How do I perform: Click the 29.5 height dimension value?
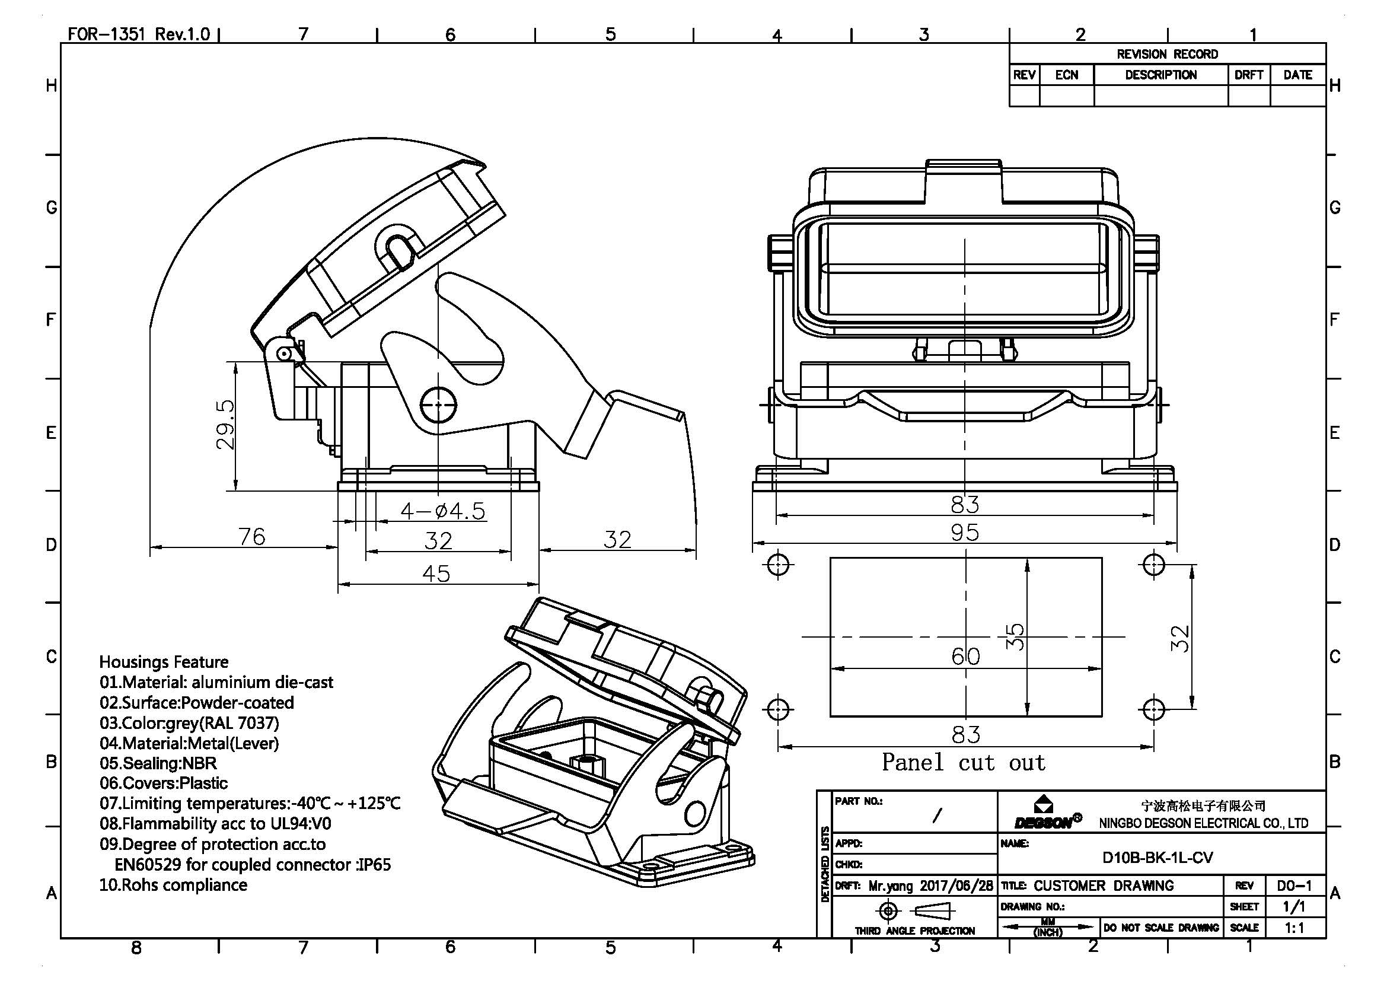(225, 424)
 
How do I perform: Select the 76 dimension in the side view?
(251, 536)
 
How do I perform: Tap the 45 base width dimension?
(436, 574)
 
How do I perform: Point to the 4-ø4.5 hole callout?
(443, 511)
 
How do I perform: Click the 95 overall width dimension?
(964, 532)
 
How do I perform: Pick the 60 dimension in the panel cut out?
(965, 656)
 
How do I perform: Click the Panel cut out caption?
(964, 762)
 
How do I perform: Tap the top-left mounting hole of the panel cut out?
(778, 565)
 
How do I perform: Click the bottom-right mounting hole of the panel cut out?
(1153, 709)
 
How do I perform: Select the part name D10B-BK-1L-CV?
(1158, 858)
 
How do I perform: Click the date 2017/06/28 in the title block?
(956, 886)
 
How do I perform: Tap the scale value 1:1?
(1294, 928)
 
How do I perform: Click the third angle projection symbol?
(913, 910)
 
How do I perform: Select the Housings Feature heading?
(164, 662)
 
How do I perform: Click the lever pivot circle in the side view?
(438, 404)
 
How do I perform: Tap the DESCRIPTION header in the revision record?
(1160, 75)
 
